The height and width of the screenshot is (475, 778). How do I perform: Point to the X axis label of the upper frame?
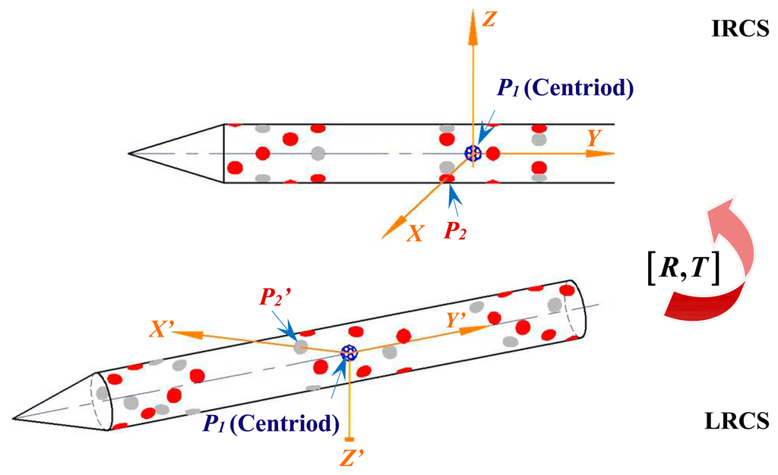[415, 234]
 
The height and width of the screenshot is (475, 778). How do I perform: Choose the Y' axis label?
[457, 321]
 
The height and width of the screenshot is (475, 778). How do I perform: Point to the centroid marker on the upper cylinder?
[473, 154]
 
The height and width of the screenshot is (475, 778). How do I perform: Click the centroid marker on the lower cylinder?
[349, 352]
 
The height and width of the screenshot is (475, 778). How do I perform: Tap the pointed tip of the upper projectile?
[129, 154]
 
